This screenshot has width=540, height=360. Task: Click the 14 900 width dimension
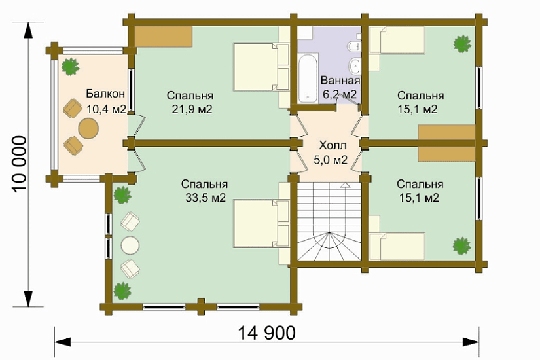pyautogui.click(x=266, y=333)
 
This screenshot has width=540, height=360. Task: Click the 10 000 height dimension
pyautogui.click(x=19, y=164)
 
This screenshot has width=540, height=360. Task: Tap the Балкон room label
pyautogui.click(x=105, y=94)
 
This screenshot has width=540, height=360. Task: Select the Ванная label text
pyautogui.click(x=340, y=81)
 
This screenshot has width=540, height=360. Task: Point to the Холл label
pyautogui.click(x=333, y=145)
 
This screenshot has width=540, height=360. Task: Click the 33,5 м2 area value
pyautogui.click(x=206, y=198)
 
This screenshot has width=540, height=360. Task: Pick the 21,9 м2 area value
pyautogui.click(x=192, y=109)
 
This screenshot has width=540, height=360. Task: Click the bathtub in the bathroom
pyautogui.click(x=308, y=78)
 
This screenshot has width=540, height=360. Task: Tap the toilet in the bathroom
pyautogui.click(x=354, y=46)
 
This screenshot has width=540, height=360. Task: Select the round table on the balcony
pyautogui.click(x=88, y=128)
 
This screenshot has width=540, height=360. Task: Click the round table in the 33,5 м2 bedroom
pyautogui.click(x=130, y=245)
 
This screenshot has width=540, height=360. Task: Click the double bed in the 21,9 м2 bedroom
pyautogui.click(x=261, y=67)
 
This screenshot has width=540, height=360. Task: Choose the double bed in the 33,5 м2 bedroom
pyautogui.click(x=261, y=224)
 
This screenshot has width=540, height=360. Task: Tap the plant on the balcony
pyautogui.click(x=71, y=67)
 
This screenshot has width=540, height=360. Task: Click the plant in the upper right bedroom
pyautogui.click(x=462, y=44)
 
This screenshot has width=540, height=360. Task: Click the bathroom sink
pyautogui.click(x=355, y=65)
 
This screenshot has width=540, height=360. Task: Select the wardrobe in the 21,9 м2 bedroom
pyautogui.click(x=163, y=36)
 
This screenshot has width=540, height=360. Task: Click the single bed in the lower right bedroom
pyautogui.click(x=397, y=246)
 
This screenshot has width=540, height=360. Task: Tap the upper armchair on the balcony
pyautogui.click(x=72, y=108)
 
